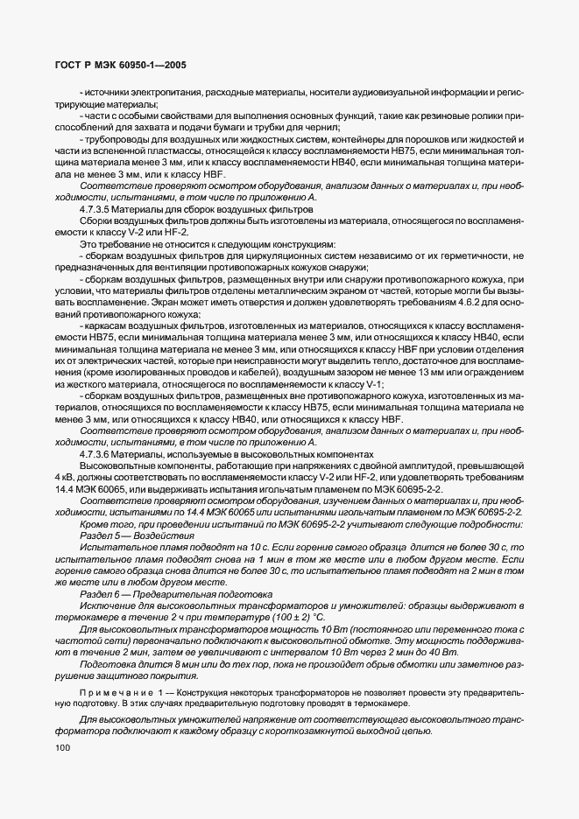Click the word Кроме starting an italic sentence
[x=95, y=522]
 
